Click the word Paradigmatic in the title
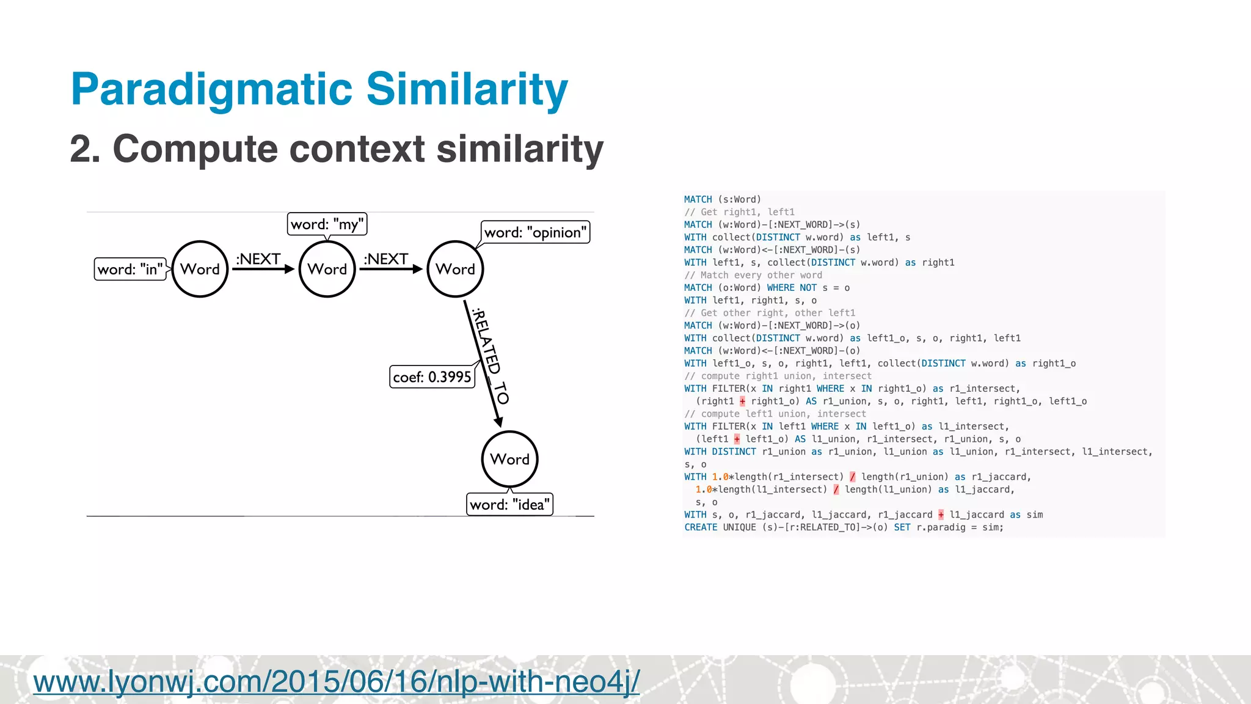211,90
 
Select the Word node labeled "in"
200,269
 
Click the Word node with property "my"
327,269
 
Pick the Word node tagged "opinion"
455,269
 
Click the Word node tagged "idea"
509,459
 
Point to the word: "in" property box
130,269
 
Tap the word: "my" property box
327,224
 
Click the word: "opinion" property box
536,232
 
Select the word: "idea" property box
509,505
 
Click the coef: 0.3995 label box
432,377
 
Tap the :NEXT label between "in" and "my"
258,259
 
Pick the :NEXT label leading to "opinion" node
386,259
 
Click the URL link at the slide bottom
336,681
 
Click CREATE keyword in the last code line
701,527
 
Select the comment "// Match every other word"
753,275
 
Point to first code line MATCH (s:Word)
722,199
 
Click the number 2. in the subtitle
85,149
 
